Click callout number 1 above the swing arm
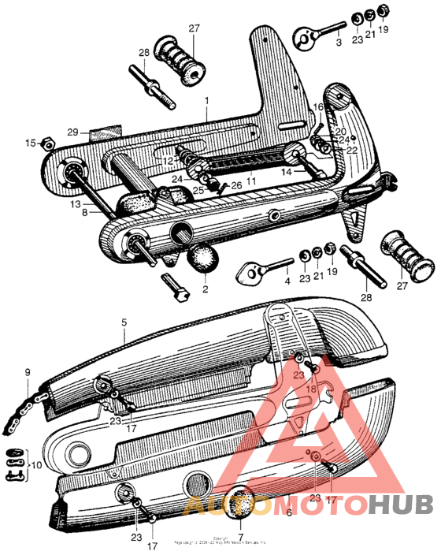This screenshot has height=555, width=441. (206, 101)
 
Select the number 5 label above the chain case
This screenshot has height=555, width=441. (123, 322)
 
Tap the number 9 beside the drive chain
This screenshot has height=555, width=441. (27, 372)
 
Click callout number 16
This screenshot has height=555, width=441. (318, 106)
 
